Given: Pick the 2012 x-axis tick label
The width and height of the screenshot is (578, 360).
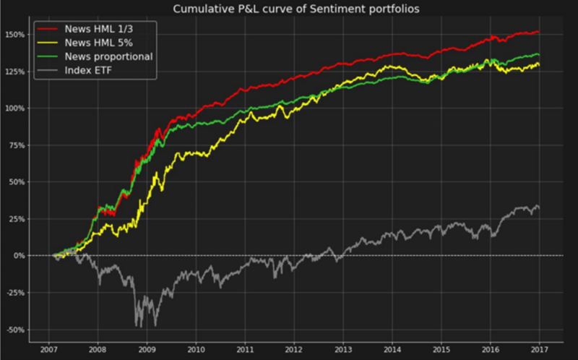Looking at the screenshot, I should [295, 350].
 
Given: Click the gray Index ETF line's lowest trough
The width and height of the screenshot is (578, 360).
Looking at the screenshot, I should [137, 326].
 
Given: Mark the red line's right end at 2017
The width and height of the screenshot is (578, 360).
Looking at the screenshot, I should [539, 32].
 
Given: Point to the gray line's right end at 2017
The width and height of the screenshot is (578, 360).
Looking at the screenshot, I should [539, 208].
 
